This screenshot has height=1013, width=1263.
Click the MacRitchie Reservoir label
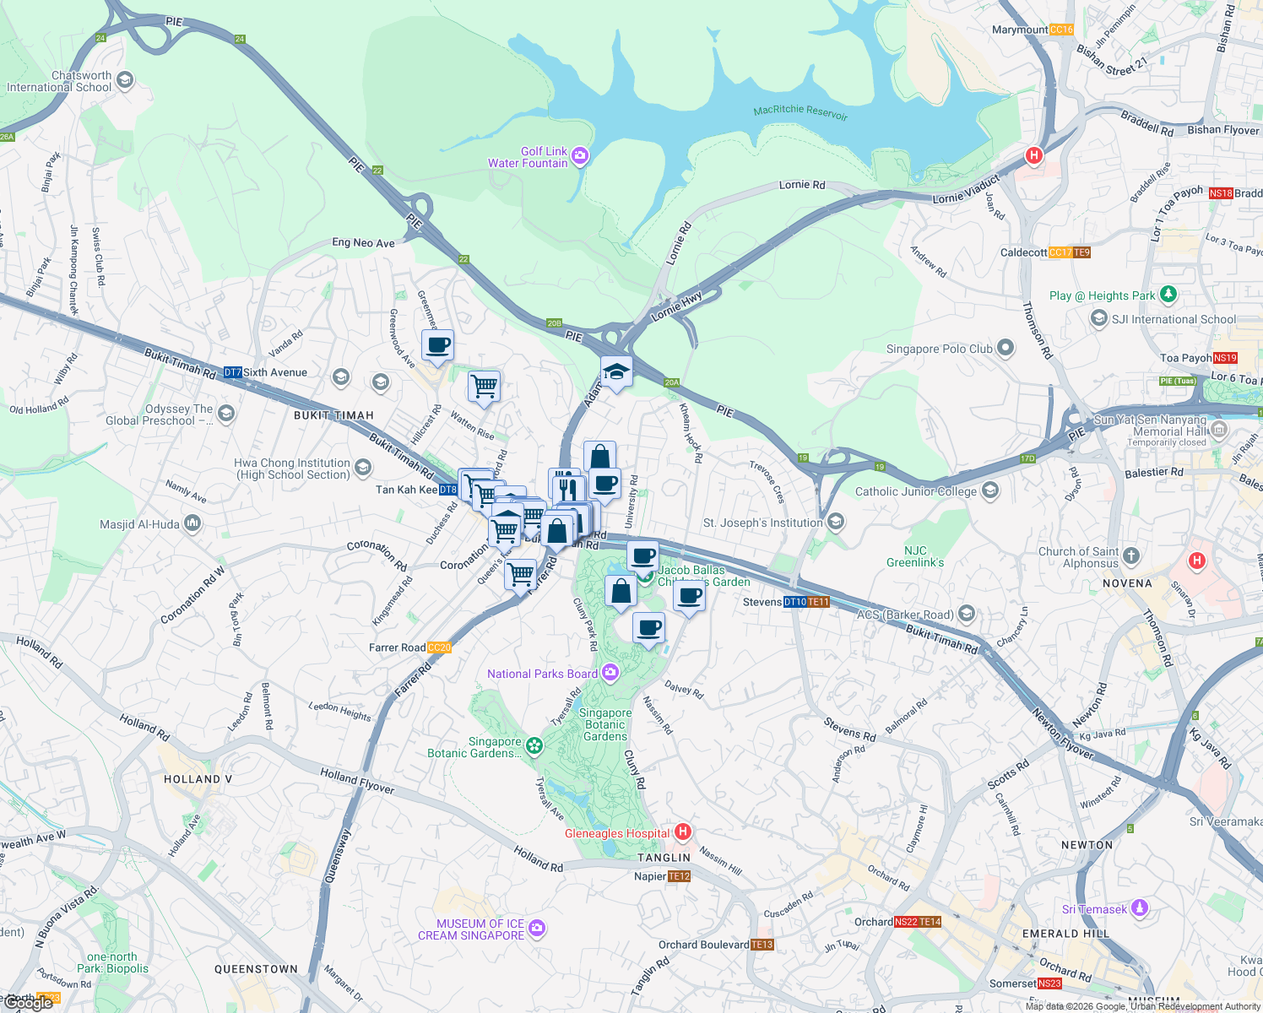point(800,111)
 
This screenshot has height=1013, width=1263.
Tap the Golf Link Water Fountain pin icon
point(580,155)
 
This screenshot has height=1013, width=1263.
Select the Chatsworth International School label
point(59,81)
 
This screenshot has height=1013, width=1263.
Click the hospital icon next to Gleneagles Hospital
point(683,832)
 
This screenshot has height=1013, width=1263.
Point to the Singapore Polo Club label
point(939,349)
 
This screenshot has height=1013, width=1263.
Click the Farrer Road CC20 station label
point(410,647)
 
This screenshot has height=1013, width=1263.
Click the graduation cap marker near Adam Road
point(616,371)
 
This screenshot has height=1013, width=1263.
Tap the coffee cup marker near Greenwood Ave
point(437,344)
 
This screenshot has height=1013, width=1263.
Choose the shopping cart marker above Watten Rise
point(484,387)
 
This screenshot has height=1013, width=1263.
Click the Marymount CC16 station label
point(1032,30)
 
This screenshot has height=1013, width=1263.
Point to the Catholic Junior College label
point(915,491)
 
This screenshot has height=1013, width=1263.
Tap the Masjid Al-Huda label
point(139,524)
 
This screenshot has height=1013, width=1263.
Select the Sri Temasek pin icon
point(1140,908)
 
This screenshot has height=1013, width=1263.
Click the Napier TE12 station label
point(662,876)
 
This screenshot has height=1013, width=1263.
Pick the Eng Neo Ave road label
point(363,243)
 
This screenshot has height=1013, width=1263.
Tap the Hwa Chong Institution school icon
point(363,467)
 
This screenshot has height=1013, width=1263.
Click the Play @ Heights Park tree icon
point(1168,295)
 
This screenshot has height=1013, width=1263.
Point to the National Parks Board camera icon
point(610,673)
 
